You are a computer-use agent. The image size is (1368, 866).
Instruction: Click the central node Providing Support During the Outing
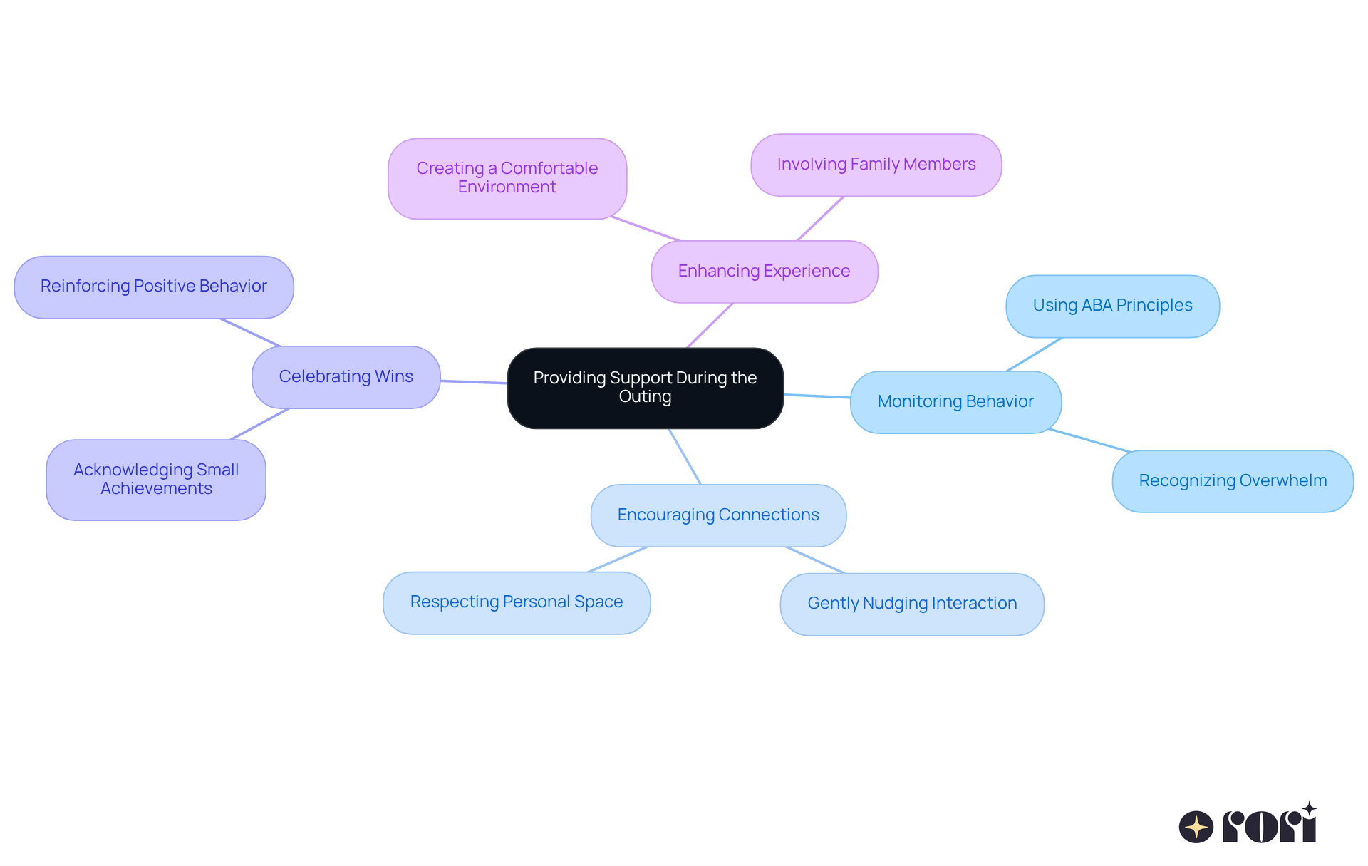(x=645, y=388)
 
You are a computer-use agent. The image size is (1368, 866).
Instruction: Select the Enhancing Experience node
(x=764, y=272)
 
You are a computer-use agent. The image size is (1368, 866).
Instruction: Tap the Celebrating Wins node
(x=346, y=377)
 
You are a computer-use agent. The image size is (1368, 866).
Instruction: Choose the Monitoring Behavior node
(x=955, y=402)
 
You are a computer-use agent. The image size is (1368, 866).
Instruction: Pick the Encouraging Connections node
(x=718, y=515)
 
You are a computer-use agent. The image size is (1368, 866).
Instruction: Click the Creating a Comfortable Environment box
(x=507, y=178)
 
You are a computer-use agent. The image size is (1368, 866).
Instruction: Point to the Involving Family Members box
(x=876, y=165)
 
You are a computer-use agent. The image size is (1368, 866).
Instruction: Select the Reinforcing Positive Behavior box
(x=153, y=287)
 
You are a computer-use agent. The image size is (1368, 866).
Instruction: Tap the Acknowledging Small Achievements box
(x=156, y=480)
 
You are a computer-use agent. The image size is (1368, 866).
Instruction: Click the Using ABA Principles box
(x=1112, y=306)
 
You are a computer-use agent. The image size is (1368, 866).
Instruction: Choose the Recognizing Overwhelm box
(x=1233, y=481)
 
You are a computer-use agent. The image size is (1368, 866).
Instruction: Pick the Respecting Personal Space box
(x=516, y=602)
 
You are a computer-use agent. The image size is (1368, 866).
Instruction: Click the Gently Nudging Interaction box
(x=912, y=604)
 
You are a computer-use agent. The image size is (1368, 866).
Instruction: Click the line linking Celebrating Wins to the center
(x=474, y=382)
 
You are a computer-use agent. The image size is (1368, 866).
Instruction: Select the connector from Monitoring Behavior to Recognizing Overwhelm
(x=1089, y=440)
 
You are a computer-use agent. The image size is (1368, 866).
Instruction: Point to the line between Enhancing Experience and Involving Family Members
(x=820, y=219)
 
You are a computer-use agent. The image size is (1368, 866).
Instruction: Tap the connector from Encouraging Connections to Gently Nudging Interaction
(x=816, y=560)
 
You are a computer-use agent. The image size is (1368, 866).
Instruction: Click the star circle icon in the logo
(x=1196, y=827)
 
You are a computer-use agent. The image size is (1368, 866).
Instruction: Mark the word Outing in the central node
(x=645, y=397)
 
